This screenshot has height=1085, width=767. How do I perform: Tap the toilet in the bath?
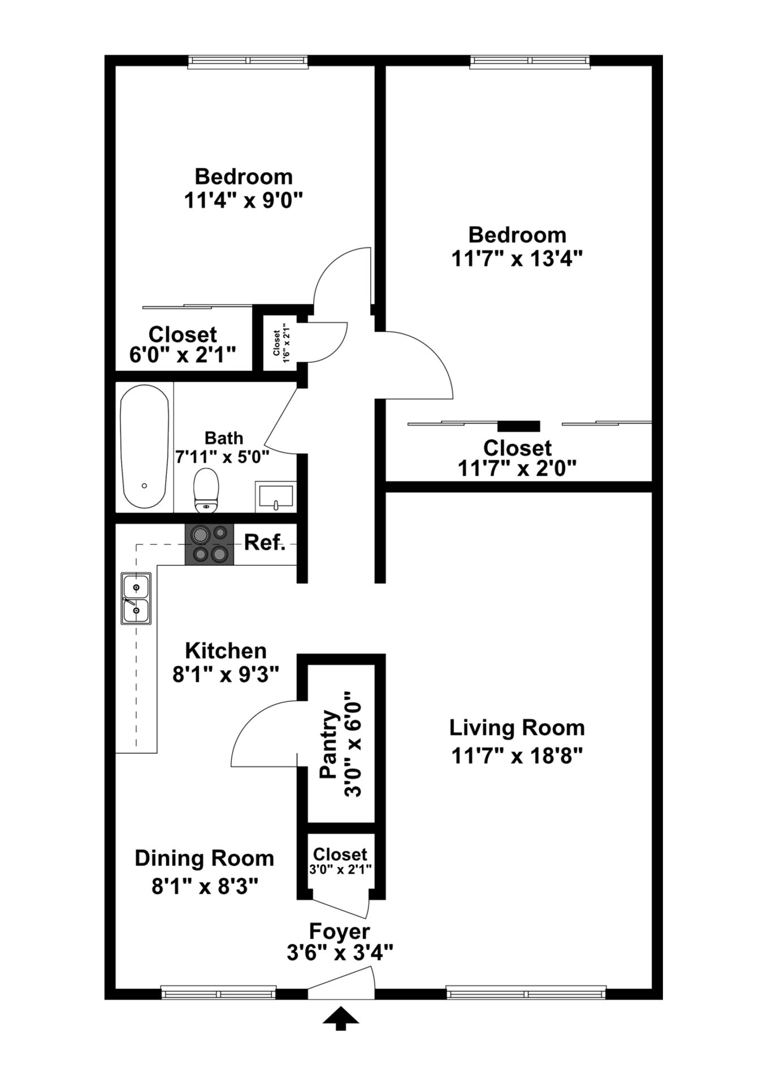206,490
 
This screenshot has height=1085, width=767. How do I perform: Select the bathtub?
145,446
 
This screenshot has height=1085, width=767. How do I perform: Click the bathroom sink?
275,496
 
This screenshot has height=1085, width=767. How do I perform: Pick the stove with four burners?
209,544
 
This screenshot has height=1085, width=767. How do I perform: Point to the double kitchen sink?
136,598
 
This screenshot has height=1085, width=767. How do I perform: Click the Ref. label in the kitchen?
265,543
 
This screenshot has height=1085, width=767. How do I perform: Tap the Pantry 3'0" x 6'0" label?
340,744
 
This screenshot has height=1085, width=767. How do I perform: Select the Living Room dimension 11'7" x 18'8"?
517,756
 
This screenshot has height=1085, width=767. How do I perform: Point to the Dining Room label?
204,858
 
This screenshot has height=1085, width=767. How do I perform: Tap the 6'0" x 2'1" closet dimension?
183,355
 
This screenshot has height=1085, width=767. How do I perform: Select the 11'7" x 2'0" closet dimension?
517,468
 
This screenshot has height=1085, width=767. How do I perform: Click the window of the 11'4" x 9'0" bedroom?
248,61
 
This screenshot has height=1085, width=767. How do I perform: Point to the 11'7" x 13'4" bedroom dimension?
517,259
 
